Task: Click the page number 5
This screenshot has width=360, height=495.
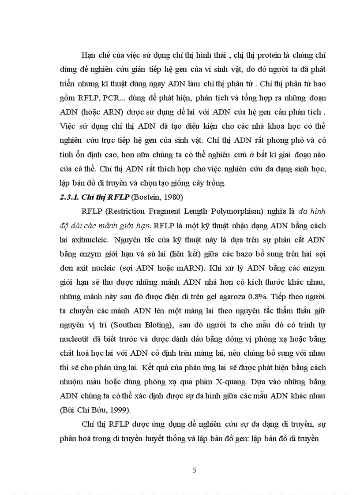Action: (x=195, y=469)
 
